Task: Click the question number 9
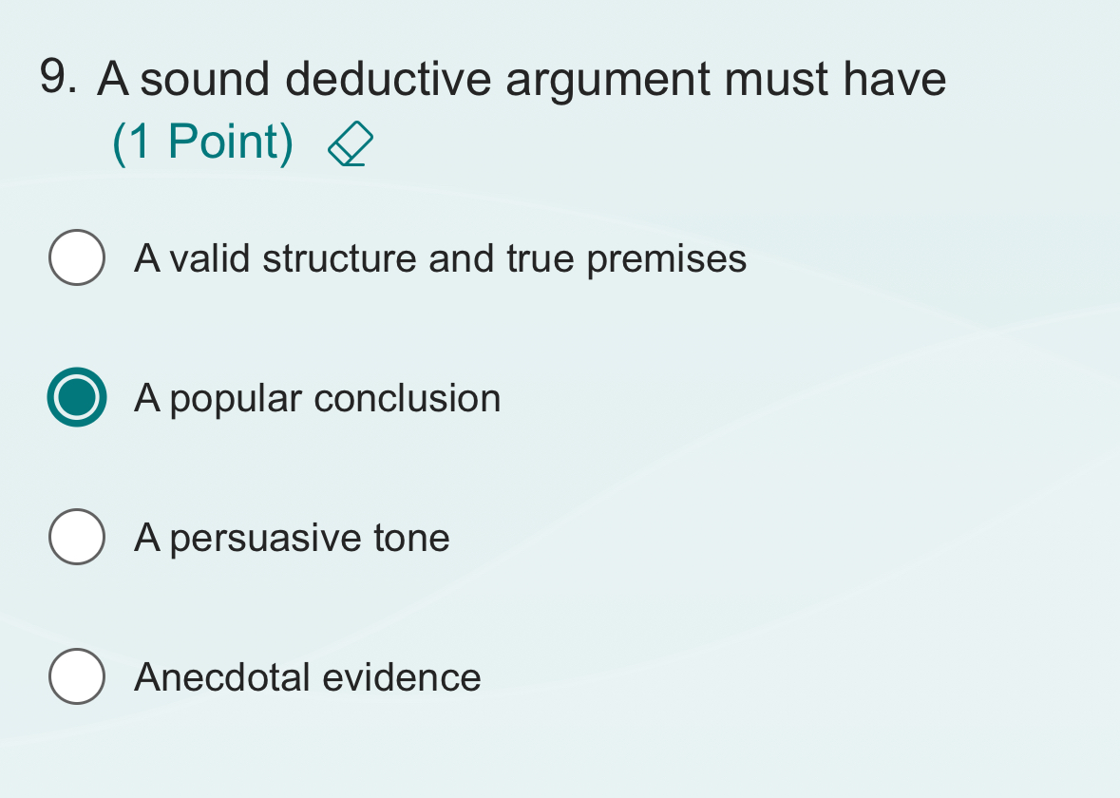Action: pyautogui.click(x=59, y=78)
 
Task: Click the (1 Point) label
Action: pyautogui.click(x=202, y=142)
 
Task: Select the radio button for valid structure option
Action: pyautogui.click(x=77, y=257)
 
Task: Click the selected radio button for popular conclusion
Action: pyautogui.click(x=77, y=397)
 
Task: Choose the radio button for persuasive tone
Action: pyautogui.click(x=77, y=537)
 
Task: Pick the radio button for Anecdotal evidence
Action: pyautogui.click(x=77, y=676)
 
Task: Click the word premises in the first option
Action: pyautogui.click(x=667, y=259)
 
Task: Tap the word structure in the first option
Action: pyautogui.click(x=339, y=258)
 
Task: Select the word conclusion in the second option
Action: pyautogui.click(x=408, y=398)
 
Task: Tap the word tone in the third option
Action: pyautogui.click(x=411, y=538)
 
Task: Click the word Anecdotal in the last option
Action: pyautogui.click(x=223, y=677)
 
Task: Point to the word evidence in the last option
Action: pyautogui.click(x=402, y=677)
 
